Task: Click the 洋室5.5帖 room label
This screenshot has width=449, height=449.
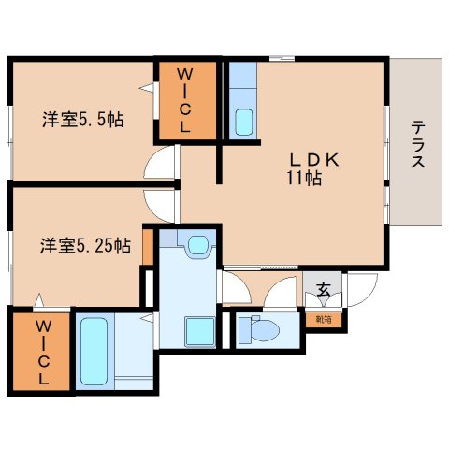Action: coord(83,120)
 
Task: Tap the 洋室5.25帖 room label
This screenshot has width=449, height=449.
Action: coord(85,246)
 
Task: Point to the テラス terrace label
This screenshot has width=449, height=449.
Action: coord(418,144)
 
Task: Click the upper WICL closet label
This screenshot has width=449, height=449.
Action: coord(185,100)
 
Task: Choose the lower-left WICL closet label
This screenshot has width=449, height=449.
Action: coord(44,353)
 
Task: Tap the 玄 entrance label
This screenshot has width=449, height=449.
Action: coord(324,290)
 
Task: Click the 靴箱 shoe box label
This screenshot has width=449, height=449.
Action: coord(324,320)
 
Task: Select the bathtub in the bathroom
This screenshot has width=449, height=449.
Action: coord(94,351)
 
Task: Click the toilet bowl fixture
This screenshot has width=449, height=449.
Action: coord(260,329)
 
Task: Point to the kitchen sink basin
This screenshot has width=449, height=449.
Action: coord(244,123)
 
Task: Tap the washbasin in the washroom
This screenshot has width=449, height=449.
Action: coord(198,245)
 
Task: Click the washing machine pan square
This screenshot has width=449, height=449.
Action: coord(200,332)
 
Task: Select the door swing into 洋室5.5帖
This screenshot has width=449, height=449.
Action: coord(160,163)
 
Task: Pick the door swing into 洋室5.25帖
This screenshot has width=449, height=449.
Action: coord(160,206)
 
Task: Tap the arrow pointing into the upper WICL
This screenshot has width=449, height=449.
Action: coord(147,88)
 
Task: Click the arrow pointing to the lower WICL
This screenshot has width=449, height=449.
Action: coord(39,300)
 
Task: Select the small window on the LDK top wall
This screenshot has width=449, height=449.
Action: coord(282,58)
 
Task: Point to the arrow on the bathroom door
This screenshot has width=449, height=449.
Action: coord(147,318)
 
